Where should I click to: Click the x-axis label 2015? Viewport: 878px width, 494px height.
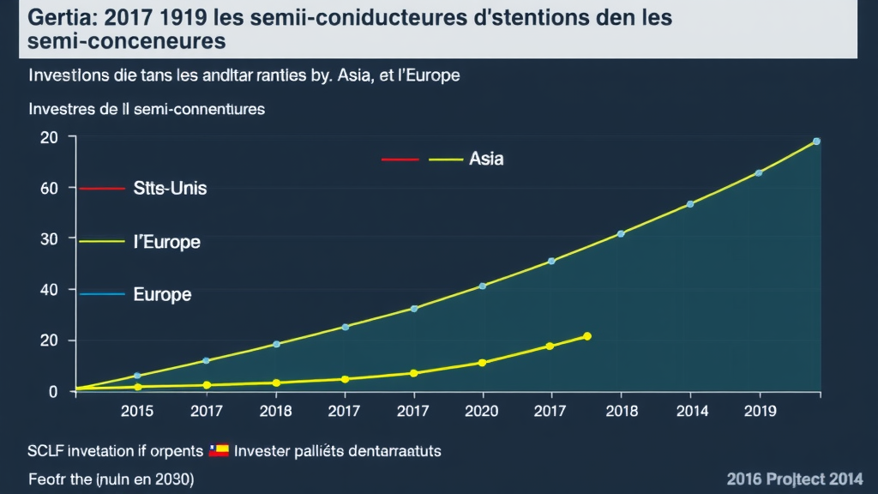pyautogui.click(x=137, y=412)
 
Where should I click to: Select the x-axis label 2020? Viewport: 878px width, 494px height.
pyautogui.click(x=482, y=412)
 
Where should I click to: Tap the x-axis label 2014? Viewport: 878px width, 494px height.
pyautogui.click(x=691, y=412)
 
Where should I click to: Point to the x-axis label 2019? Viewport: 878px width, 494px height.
pyautogui.click(x=760, y=412)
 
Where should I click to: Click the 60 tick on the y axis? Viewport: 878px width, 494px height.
pyautogui.click(x=49, y=188)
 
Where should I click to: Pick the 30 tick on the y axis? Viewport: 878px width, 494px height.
pyautogui.click(x=49, y=238)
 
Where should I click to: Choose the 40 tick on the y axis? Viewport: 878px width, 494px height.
pyautogui.click(x=49, y=290)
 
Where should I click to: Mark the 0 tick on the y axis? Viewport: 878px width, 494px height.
pyautogui.click(x=53, y=392)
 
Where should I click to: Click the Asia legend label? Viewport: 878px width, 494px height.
pyautogui.click(x=486, y=159)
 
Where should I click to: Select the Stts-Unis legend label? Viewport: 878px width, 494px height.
pyautogui.click(x=170, y=188)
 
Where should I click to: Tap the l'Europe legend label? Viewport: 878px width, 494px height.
pyautogui.click(x=166, y=242)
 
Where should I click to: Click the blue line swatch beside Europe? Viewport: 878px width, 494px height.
pyautogui.click(x=102, y=294)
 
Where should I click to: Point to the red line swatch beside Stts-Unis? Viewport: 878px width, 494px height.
pyautogui.click(x=102, y=188)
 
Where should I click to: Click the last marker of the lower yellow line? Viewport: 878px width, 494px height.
pyautogui.click(x=587, y=336)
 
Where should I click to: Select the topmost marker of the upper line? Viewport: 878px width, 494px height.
pyautogui.click(x=816, y=142)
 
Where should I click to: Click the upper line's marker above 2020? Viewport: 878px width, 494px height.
pyautogui.click(x=483, y=286)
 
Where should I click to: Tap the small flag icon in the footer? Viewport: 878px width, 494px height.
pyautogui.click(x=219, y=449)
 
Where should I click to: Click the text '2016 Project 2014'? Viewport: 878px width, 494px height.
pyautogui.click(x=794, y=479)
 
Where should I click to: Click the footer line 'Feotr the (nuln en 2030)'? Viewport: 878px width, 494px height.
pyautogui.click(x=111, y=479)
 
